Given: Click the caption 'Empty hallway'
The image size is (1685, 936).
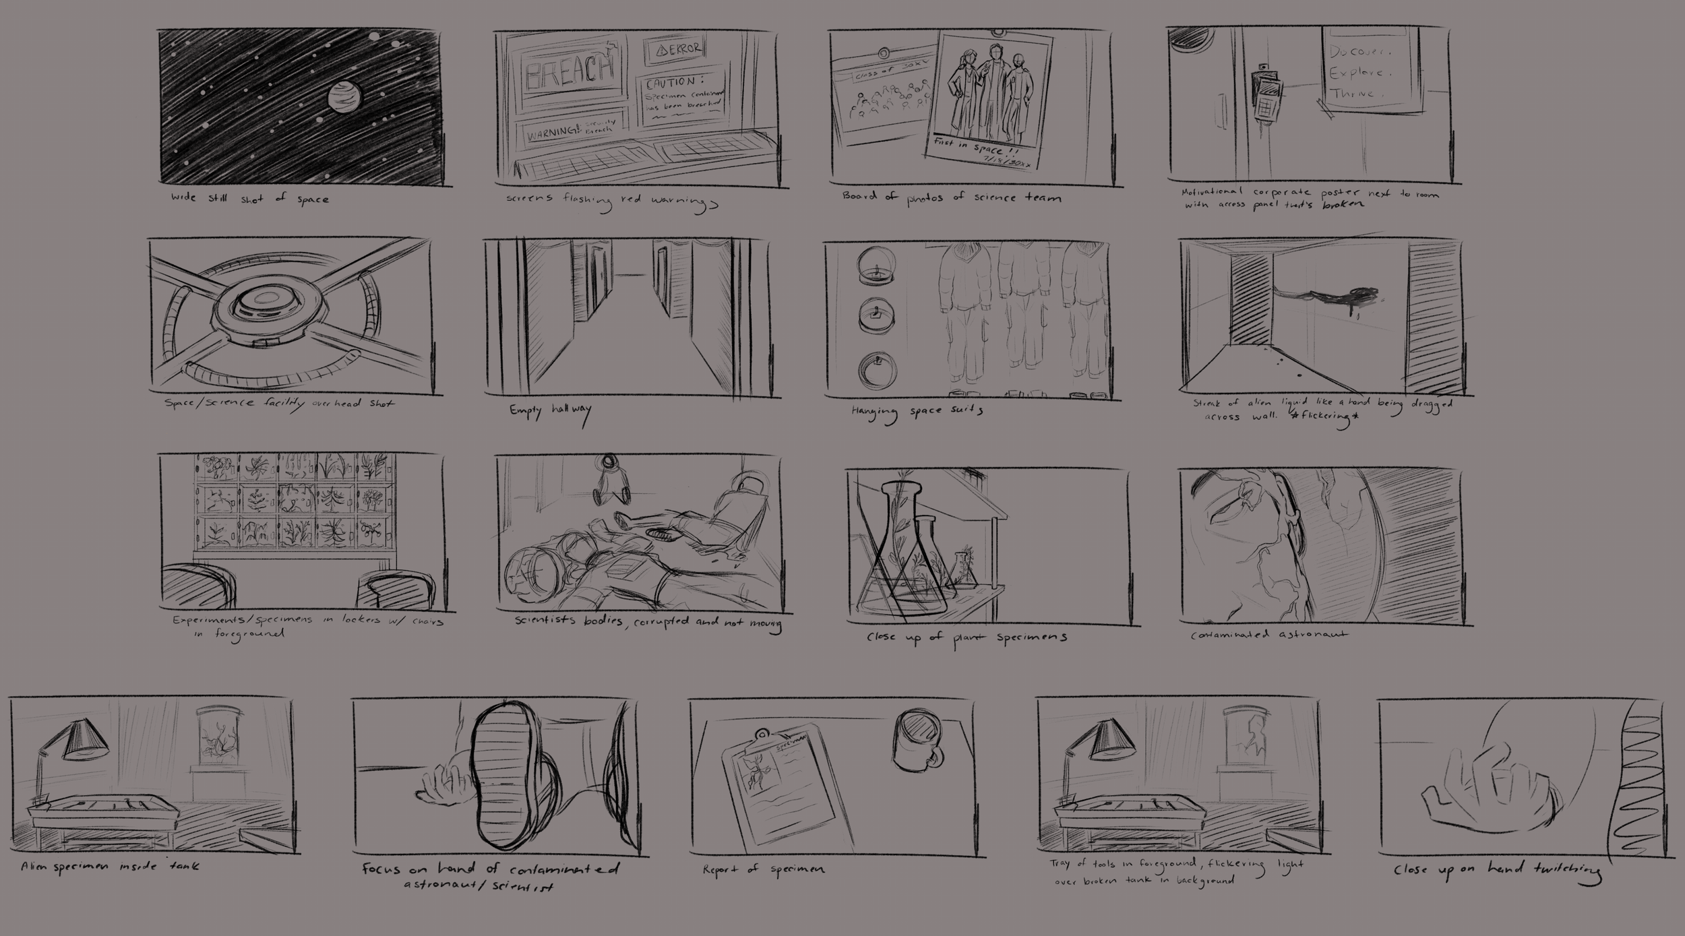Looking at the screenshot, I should pos(550,411).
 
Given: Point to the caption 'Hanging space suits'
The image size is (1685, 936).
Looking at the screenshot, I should pos(917,412).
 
